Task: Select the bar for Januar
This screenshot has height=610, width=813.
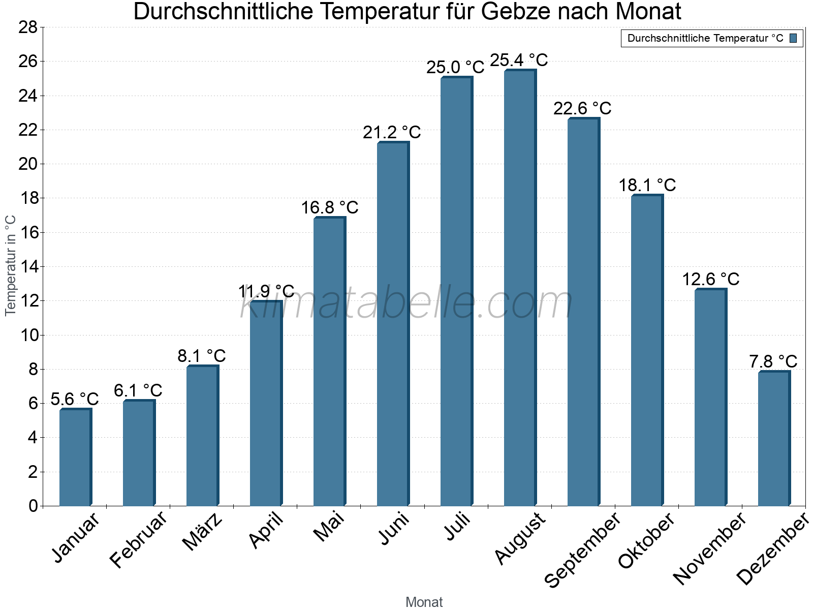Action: point(75,457)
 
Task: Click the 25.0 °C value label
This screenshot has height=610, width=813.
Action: point(455,67)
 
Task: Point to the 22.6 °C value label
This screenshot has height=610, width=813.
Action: point(582,108)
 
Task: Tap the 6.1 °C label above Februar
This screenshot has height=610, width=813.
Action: point(138,390)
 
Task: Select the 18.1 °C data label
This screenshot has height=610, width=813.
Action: point(647,185)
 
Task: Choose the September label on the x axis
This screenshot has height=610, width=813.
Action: point(582,549)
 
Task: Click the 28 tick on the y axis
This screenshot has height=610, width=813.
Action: point(28,27)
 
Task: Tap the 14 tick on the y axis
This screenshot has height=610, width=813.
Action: point(28,266)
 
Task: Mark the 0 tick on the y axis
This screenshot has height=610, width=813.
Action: point(33,506)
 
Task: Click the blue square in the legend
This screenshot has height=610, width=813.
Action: point(793,38)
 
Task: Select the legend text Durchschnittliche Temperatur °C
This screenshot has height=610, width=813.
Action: point(705,38)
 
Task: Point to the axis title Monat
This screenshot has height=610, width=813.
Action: point(424,602)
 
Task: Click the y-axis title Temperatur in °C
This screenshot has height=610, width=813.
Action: point(11,265)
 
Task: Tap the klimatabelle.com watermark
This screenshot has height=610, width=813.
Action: point(407,303)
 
